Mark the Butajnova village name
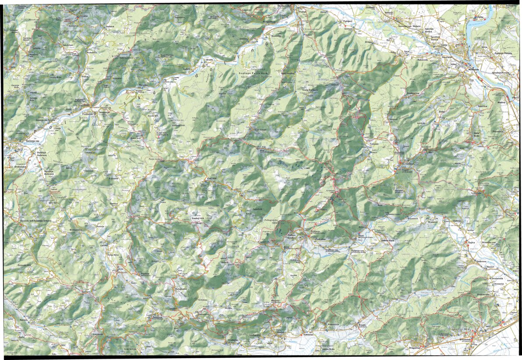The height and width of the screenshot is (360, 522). pyautogui.click(x=181, y=289)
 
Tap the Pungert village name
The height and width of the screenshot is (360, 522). pyautogui.click(x=348, y=21)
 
